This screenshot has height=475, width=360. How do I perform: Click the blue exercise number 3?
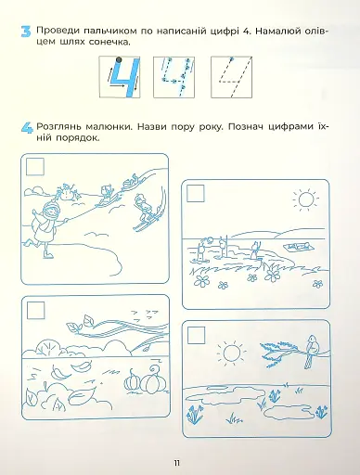tap(26, 32)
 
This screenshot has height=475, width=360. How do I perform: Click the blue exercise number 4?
tap(27, 128)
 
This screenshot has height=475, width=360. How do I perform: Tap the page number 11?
tap(177, 463)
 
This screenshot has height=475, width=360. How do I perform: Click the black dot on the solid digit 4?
tap(119, 59)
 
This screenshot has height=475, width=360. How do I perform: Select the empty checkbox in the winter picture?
tap(35, 167)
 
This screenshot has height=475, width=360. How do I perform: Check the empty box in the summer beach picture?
tap(196, 194)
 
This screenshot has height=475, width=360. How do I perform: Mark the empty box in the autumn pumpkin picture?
tap(35, 310)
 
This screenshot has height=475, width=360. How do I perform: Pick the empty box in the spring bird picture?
tap(197, 334)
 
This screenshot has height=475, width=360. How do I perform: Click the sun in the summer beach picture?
tap(305, 199)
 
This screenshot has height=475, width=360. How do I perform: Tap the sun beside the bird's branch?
tap(232, 353)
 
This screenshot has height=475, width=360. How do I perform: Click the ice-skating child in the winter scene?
tap(46, 227)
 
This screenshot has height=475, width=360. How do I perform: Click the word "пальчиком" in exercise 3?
tap(110, 32)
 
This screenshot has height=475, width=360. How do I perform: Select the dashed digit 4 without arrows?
tap(231, 77)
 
